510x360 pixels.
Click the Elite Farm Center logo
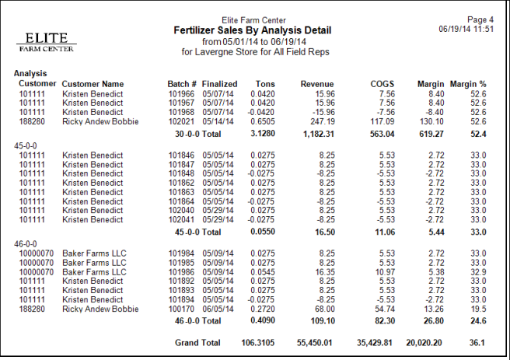[47, 42]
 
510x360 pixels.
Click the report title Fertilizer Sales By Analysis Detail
[253, 30]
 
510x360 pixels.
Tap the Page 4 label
[480, 19]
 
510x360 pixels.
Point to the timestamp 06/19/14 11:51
[467, 28]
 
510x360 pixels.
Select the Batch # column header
[181, 83]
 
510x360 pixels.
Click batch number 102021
[181, 121]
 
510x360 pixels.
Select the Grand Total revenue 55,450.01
[311, 343]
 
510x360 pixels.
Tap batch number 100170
[181, 309]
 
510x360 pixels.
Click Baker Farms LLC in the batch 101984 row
[93, 253]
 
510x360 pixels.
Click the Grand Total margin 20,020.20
[421, 343]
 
